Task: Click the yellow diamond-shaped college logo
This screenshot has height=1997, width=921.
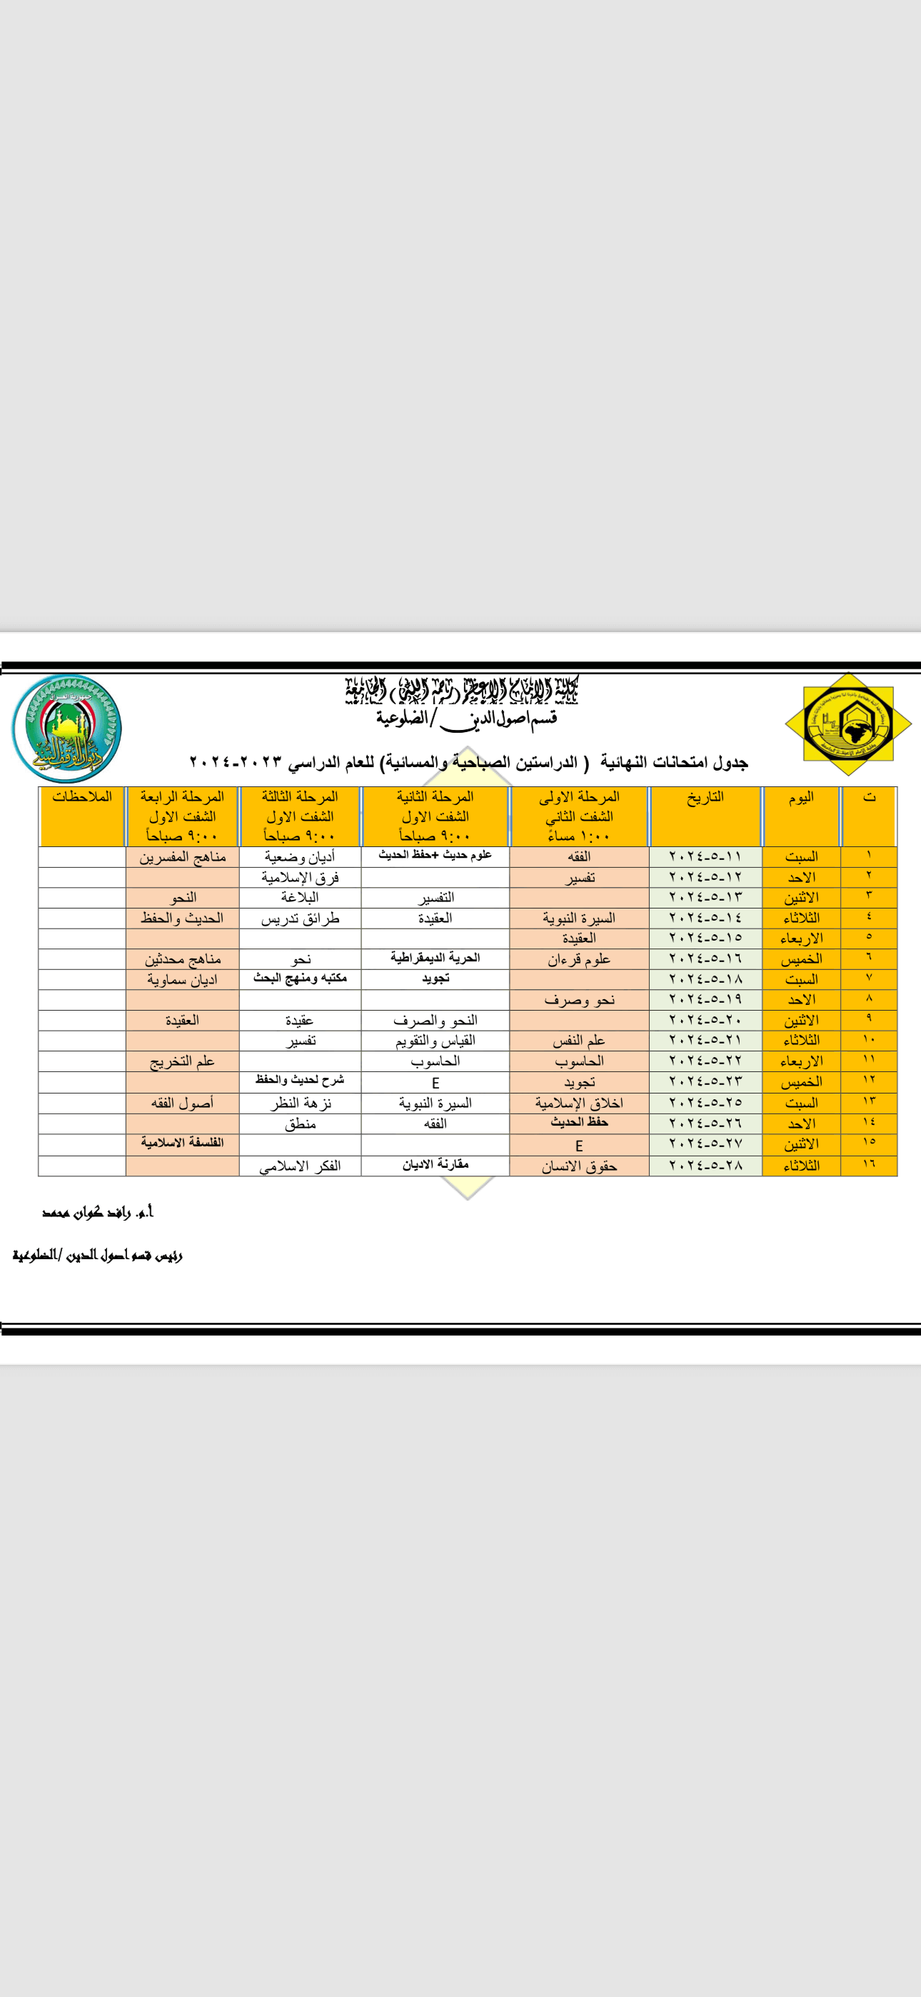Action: (848, 724)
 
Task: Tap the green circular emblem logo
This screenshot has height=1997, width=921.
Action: (66, 728)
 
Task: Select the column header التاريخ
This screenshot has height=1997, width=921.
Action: (705, 798)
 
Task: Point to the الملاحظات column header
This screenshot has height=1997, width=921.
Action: (82, 797)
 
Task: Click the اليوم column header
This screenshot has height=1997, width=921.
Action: (801, 798)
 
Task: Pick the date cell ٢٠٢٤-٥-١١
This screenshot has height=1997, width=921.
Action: (705, 856)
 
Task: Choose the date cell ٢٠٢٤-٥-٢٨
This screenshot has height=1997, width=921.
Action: (705, 1165)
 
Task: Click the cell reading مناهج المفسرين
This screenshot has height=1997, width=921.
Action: (182, 856)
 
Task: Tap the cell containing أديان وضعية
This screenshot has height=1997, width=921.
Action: (300, 856)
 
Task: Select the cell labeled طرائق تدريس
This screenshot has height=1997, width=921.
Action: (300, 919)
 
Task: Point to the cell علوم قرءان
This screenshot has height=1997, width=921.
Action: (579, 960)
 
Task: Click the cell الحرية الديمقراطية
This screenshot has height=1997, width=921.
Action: (435, 959)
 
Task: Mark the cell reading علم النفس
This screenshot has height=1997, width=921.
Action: (579, 1041)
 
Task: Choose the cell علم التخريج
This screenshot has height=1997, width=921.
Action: (182, 1061)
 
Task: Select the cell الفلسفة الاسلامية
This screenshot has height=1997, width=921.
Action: (182, 1143)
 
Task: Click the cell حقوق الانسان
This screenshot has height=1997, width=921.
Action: (579, 1166)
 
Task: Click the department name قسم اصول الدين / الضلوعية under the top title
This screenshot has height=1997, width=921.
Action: (467, 719)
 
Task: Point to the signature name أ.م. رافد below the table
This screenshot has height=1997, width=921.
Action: (99, 1213)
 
